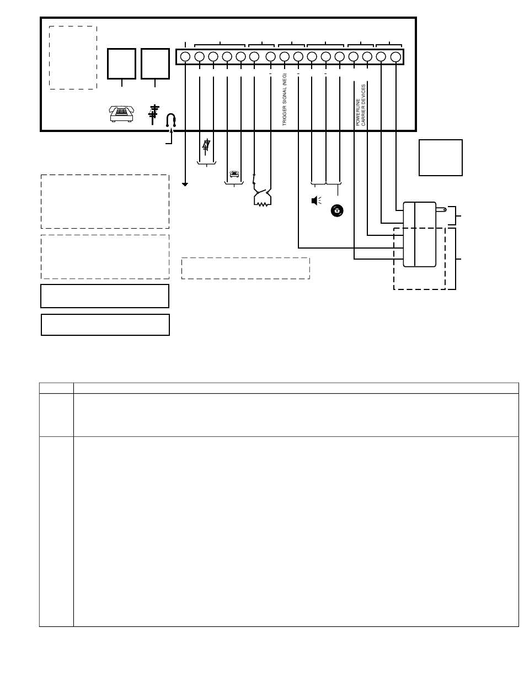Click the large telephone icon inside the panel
click(x=121, y=114)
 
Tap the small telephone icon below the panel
click(x=234, y=174)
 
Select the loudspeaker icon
click(x=316, y=201)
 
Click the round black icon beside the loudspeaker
click(x=337, y=210)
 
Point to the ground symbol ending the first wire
click(x=185, y=184)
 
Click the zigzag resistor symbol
click(x=263, y=204)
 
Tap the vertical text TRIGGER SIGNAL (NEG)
click(x=284, y=99)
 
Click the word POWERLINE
click(x=358, y=112)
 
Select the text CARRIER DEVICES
click(x=363, y=106)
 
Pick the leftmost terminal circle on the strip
click(x=185, y=57)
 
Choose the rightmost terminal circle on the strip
click(x=395, y=57)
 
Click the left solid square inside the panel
click(x=121, y=64)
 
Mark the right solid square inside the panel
click(x=155, y=64)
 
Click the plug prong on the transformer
click(x=441, y=209)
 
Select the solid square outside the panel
click(x=440, y=157)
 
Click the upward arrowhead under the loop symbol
click(x=172, y=130)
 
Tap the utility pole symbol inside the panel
click(x=153, y=114)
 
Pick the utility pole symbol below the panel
click(x=206, y=147)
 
